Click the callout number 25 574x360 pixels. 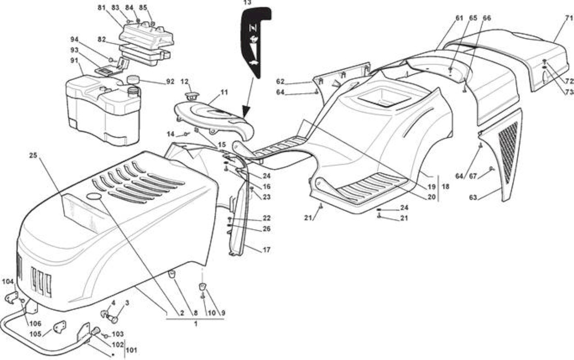click(33, 155)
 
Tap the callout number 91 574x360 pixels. click(74, 61)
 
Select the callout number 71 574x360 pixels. click(569, 18)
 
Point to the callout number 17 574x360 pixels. click(266, 249)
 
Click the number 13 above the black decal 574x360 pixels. click(247, 3)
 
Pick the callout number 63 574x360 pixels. click(473, 198)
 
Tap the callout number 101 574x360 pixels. click(132, 350)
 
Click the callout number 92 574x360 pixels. click(170, 81)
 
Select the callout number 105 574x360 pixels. click(36, 334)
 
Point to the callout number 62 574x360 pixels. click(280, 81)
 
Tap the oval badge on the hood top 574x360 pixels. click(94, 196)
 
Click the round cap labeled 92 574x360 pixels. click(133, 79)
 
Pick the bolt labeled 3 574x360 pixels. click(112, 319)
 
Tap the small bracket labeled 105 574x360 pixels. click(60, 327)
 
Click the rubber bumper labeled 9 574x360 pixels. click(202, 287)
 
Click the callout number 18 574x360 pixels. click(446, 187)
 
